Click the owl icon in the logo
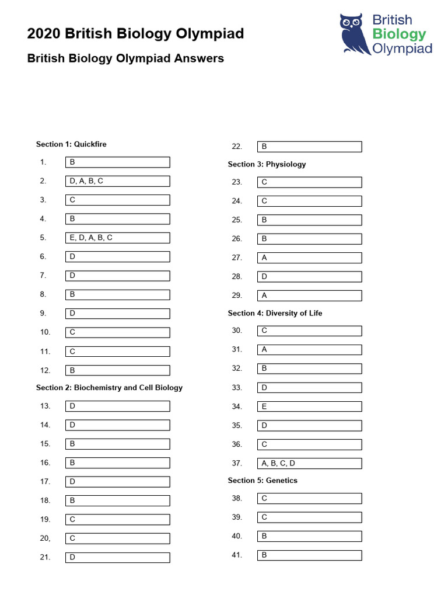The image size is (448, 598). pyautogui.click(x=355, y=33)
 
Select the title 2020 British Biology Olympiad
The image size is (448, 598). pyautogui.click(x=135, y=34)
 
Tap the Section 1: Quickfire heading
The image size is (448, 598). pyautogui.click(x=71, y=144)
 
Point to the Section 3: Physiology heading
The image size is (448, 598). pyautogui.click(x=267, y=164)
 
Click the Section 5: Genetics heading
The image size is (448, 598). pyautogui.click(x=262, y=481)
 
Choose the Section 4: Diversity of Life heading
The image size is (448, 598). pyautogui.click(x=275, y=313)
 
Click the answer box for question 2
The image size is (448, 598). pyautogui.click(x=117, y=181)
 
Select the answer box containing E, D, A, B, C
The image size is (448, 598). pyautogui.click(x=117, y=238)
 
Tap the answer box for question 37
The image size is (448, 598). pyautogui.click(x=309, y=463)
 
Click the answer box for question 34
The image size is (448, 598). pyautogui.click(x=309, y=406)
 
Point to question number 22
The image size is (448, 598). pyautogui.click(x=237, y=147)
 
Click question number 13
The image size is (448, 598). pyautogui.click(x=45, y=406)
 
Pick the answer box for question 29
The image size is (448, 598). pyautogui.click(x=309, y=295)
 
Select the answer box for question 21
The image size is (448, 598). pyautogui.click(x=117, y=557)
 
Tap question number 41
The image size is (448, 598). pyautogui.click(x=237, y=555)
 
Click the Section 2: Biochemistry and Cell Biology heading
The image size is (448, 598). pyautogui.click(x=109, y=388)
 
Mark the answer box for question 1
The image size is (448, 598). pyautogui.click(x=117, y=162)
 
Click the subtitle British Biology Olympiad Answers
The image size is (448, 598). pyautogui.click(x=125, y=58)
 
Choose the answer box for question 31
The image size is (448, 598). pyautogui.click(x=309, y=349)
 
